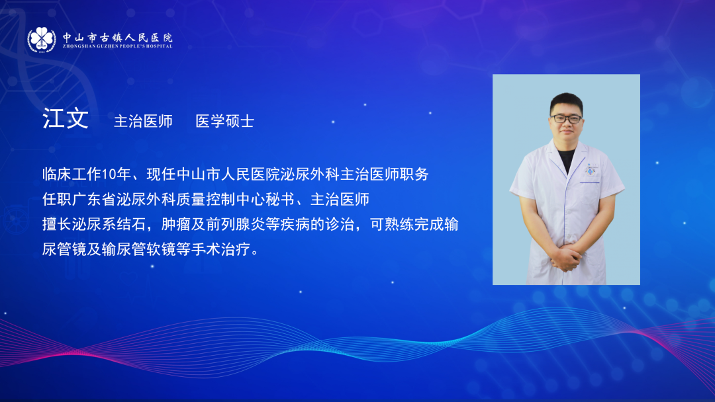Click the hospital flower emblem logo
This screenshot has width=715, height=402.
[42, 40]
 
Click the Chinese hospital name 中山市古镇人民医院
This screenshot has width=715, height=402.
[118, 37]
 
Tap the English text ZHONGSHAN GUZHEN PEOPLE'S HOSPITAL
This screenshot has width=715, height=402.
[118, 46]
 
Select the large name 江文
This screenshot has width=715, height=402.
[66, 118]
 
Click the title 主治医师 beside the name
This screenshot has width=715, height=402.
[143, 121]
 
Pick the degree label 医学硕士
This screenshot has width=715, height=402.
[225, 121]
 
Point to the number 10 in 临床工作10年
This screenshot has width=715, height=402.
[109, 174]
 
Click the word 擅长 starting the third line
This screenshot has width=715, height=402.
[57, 224]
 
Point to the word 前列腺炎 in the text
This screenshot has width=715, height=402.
[236, 224]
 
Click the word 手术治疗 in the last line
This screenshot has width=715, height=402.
[220, 249]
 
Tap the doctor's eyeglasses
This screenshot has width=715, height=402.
[566, 119]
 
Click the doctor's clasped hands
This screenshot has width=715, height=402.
[566, 258]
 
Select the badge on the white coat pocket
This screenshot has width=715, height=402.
[591, 169]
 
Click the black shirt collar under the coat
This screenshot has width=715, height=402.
[566, 159]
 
